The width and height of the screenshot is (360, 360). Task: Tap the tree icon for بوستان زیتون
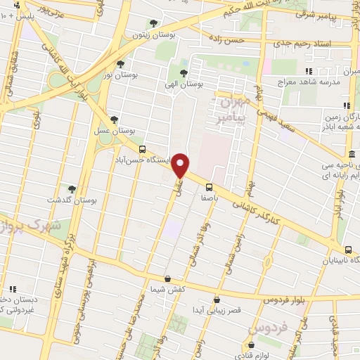click(154, 24)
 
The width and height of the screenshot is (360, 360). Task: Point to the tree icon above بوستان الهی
click(184, 72)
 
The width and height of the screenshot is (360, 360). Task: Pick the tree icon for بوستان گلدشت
click(72, 189)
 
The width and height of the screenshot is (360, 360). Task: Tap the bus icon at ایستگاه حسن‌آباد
click(143, 150)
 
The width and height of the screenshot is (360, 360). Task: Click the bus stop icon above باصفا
click(209, 187)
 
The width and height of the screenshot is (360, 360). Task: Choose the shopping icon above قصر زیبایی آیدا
click(217, 300)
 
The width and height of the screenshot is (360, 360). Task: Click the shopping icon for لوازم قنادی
click(252, 345)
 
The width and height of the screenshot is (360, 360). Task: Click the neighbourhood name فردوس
click(269, 328)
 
